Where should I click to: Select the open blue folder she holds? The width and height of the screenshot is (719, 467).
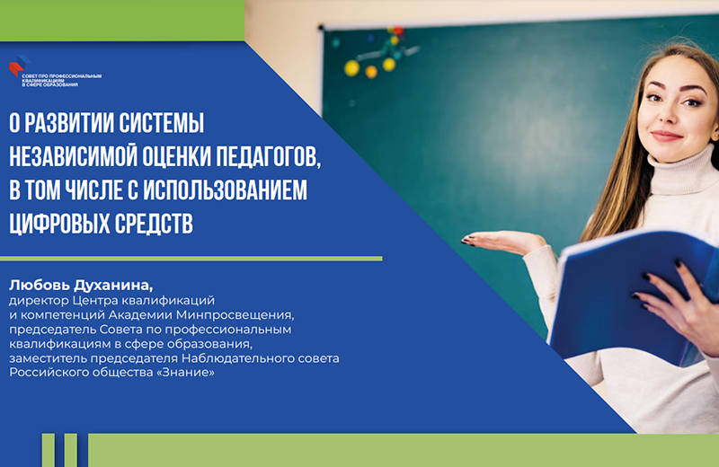pyautogui.click(x=629, y=287)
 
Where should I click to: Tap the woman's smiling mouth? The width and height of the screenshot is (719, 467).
pyautogui.click(x=666, y=135)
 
